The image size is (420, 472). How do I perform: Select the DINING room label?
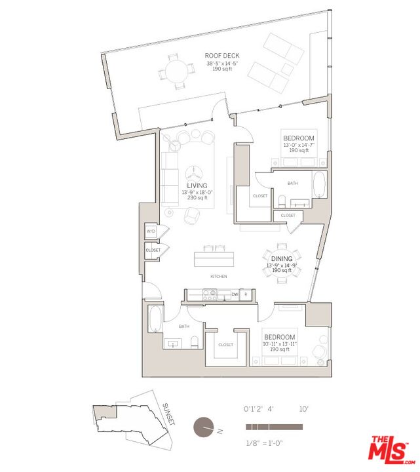[x=282, y=259]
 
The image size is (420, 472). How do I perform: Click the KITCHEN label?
[x=219, y=277]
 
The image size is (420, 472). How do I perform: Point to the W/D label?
[x=151, y=232]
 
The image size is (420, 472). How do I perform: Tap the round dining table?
[x=282, y=263]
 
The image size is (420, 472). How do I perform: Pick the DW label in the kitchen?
[x=235, y=295]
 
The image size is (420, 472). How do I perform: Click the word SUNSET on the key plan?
[x=168, y=414]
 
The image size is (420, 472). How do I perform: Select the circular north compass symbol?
[x=204, y=427]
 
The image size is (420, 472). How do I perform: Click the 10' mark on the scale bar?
[x=303, y=408]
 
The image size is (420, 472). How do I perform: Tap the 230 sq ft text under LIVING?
[x=197, y=198]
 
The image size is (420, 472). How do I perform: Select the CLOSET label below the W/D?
[x=153, y=250]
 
